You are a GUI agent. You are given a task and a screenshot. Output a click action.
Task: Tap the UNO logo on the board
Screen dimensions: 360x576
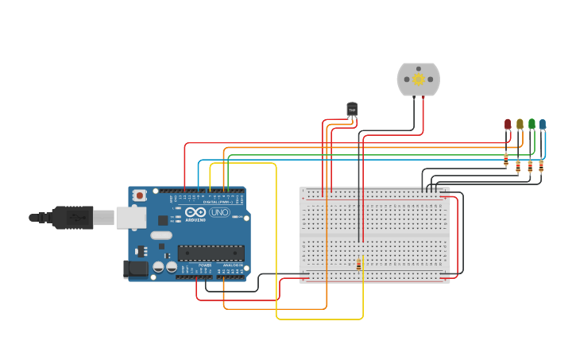(219, 212)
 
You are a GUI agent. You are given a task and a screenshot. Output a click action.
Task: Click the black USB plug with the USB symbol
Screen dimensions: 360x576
(72, 216)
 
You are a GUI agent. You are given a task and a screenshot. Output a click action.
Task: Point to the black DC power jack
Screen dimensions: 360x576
(135, 269)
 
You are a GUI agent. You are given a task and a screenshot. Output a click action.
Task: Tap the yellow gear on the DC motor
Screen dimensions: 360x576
(418, 79)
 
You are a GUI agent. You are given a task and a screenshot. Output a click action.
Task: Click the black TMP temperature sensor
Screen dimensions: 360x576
(352, 110)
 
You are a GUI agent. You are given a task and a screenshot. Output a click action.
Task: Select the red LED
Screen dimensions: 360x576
(508, 124)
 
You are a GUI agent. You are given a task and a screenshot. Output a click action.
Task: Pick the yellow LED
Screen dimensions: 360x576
(520, 124)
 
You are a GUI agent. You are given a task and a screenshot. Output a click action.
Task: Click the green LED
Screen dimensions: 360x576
(532, 124)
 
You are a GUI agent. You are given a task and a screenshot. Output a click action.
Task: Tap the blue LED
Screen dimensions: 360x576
(543, 124)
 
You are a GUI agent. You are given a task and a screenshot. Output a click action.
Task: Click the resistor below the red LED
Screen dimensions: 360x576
(506, 161)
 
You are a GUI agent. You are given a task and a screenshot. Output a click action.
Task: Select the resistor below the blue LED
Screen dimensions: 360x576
(541, 165)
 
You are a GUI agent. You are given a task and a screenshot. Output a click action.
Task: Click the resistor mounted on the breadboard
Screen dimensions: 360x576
(358, 265)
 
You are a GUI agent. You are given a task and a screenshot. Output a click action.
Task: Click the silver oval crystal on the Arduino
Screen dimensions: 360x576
(160, 234)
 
